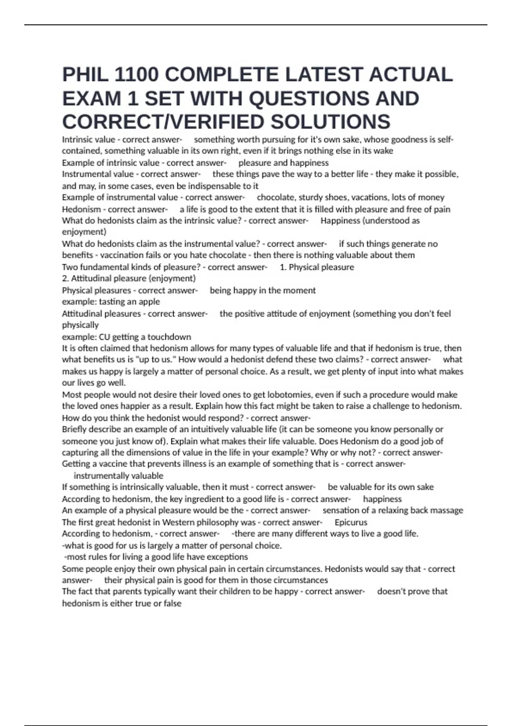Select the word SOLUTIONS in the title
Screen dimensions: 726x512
pos(330,122)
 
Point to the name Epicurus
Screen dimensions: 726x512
pos(351,522)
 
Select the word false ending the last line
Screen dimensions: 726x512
pos(171,603)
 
